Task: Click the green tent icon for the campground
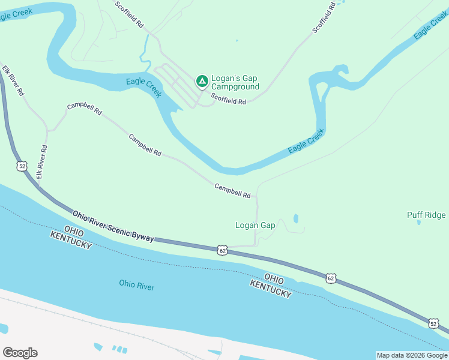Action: coord(202,80)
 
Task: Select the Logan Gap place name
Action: coord(255,226)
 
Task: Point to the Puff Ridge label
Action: coord(426,215)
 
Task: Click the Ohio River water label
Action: coord(136,286)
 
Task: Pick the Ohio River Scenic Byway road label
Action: coord(113,226)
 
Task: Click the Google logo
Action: coord(20,353)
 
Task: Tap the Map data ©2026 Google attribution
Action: coord(411,355)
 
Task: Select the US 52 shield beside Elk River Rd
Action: coord(22,166)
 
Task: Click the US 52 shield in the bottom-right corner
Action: coord(433,323)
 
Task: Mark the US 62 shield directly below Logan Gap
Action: coord(223,250)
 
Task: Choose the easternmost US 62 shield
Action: coord(331,278)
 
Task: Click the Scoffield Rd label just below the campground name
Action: coord(228,98)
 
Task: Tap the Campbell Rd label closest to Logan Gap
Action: coord(232,191)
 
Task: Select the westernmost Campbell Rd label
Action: coord(85,109)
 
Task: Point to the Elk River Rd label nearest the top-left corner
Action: coord(12,81)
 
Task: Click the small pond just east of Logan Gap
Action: coord(296,218)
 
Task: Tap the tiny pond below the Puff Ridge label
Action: coord(418,223)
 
